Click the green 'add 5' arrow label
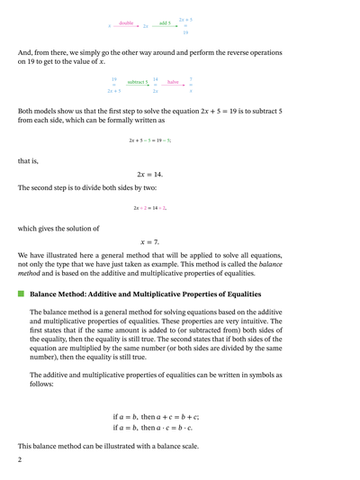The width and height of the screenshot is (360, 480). point(165,23)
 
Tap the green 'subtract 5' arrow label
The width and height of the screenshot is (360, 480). point(137,82)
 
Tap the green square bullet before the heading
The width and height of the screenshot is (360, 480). point(20,294)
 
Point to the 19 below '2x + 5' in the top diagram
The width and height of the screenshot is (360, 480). point(185,32)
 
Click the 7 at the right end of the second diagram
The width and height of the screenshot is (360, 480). point(191,78)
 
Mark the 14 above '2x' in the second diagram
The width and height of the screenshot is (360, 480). point(156,78)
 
